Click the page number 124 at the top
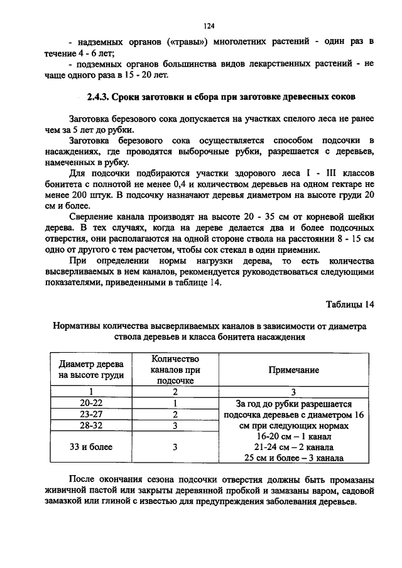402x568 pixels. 209,26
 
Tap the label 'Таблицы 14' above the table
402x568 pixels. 350,304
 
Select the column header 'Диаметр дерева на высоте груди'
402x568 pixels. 91,370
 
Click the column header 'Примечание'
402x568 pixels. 293,370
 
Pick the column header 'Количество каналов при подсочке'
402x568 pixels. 175,370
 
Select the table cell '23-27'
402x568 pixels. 91,415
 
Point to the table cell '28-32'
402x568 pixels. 91,426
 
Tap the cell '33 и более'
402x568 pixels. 91,447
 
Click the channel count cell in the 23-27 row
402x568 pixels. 175,415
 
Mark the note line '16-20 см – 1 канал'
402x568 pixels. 293,436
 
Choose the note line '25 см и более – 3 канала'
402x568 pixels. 293,458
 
